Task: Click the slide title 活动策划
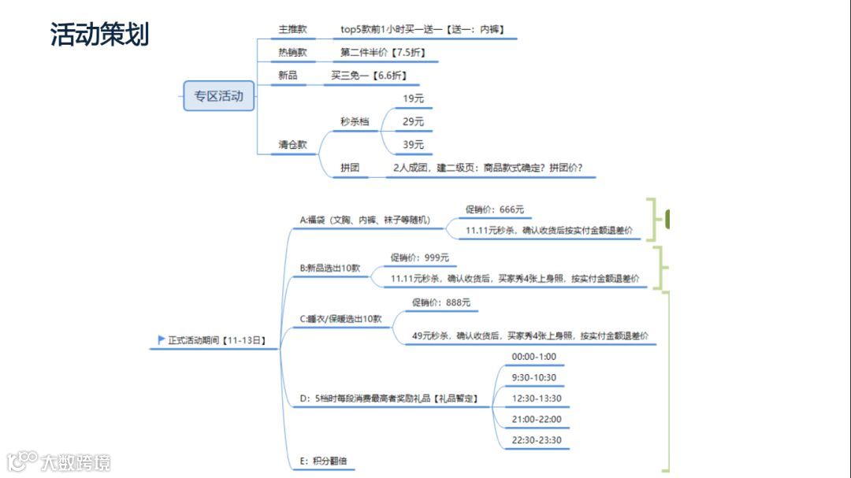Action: click(100, 35)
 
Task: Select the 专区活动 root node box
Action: click(219, 96)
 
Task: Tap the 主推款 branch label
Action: click(292, 30)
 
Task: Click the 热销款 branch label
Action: click(292, 53)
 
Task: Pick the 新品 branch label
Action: click(288, 76)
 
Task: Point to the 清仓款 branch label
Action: click(292, 145)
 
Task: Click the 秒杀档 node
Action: click(355, 121)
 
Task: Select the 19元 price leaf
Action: click(413, 98)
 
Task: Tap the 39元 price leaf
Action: click(413, 144)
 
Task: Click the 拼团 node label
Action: click(351, 168)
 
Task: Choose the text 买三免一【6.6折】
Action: click(369, 76)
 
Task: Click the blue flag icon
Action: click(162, 340)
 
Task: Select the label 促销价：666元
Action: click(494, 209)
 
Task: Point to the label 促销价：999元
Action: click(419, 258)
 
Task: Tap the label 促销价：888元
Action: click(440, 302)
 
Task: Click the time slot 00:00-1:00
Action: click(533, 357)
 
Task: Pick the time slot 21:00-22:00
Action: click(537, 419)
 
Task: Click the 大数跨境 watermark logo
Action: click(59, 461)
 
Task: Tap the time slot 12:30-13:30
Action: click(537, 398)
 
